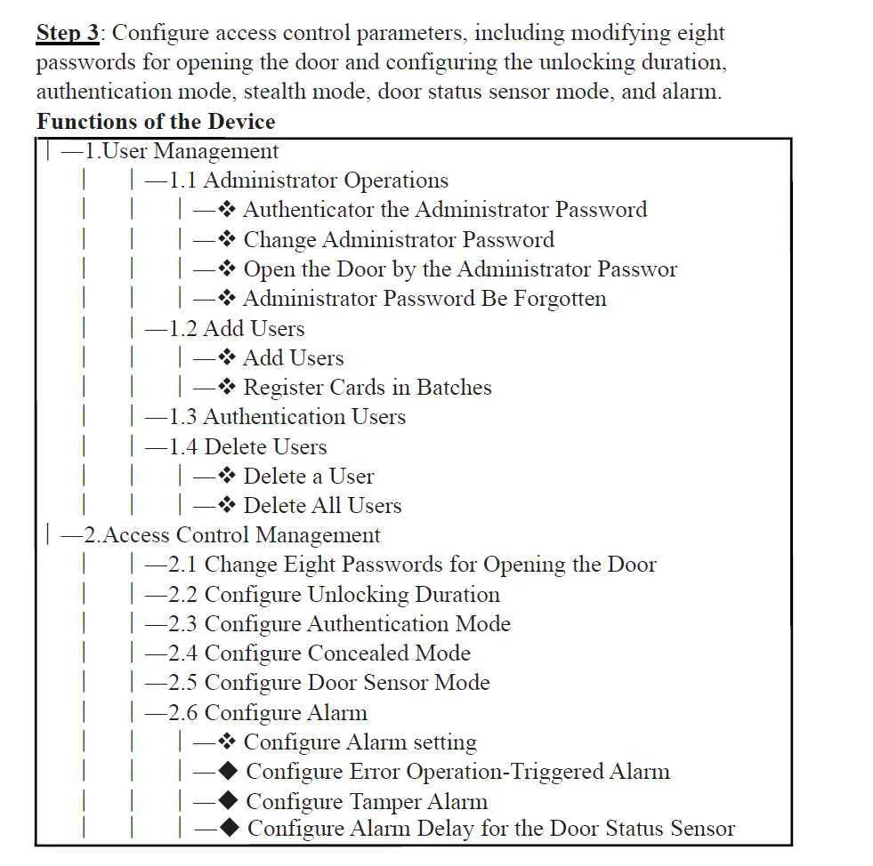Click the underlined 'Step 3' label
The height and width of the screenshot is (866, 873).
pyautogui.click(x=68, y=34)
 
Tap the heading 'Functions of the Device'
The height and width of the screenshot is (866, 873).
pyautogui.click(x=156, y=122)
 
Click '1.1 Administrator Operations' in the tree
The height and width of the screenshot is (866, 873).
pyautogui.click(x=309, y=180)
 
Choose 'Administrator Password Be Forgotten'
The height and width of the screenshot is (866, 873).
pyautogui.click(x=424, y=299)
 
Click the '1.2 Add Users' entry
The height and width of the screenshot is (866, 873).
pyautogui.click(x=237, y=329)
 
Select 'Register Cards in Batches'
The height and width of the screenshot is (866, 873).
pyautogui.click(x=367, y=388)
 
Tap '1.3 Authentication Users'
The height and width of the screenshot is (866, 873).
pyautogui.click(x=287, y=417)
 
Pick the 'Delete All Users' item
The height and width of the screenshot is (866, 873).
pyautogui.click(x=322, y=506)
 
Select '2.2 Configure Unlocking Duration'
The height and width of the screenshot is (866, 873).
pyautogui.click(x=335, y=595)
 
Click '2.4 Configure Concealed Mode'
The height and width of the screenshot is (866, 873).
pyautogui.click(x=319, y=654)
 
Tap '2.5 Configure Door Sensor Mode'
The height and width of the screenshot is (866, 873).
pyautogui.click(x=329, y=683)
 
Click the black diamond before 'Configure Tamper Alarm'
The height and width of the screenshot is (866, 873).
pyautogui.click(x=228, y=802)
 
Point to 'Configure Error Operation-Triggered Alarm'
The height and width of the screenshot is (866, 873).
pyautogui.click(x=457, y=772)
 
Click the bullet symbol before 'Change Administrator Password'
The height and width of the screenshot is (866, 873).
pyautogui.click(x=227, y=240)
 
